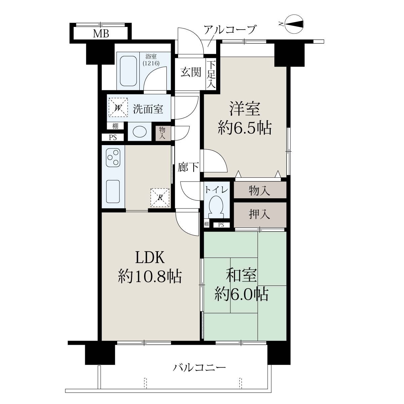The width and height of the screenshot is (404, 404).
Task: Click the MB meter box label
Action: click(101, 33)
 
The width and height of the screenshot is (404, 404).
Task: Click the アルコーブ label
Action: click(230, 30)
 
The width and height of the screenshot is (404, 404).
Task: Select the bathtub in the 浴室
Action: click(128, 71)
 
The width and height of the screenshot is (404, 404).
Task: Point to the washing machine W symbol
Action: click(118, 107)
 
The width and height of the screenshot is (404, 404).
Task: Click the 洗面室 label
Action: click(148, 109)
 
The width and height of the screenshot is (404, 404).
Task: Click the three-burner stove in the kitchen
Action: click(113, 158)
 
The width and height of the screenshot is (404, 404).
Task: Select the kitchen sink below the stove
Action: click(113, 192)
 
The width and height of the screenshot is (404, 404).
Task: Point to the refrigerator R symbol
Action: click(160, 198)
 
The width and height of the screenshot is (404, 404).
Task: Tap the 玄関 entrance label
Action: click(191, 72)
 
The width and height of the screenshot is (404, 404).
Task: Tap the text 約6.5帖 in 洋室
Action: click(245, 127)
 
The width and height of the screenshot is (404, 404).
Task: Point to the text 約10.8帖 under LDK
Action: click(150, 276)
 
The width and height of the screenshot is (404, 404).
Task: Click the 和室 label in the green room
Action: click(241, 275)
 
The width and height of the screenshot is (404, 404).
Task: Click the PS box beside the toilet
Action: click(221, 225)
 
